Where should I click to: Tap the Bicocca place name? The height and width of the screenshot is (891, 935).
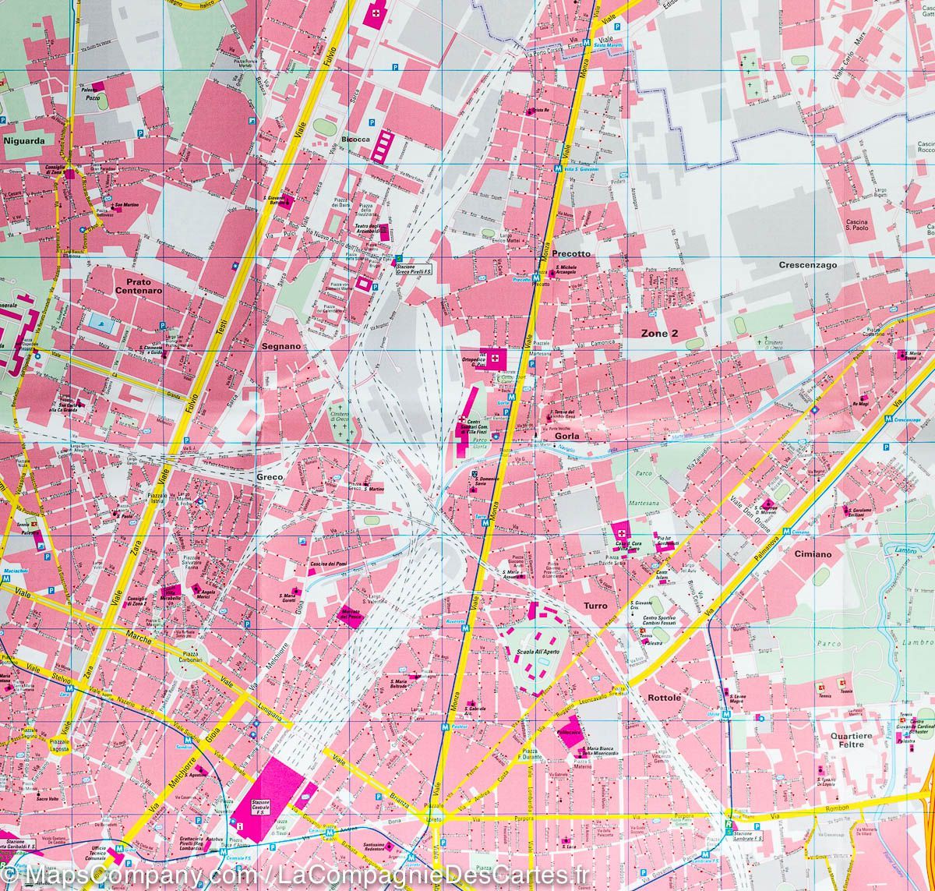(x=355, y=140)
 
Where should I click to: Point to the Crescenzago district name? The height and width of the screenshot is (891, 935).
(x=807, y=265)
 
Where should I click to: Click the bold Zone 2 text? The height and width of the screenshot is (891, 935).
(x=659, y=334)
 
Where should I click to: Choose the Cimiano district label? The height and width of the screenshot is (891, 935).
(x=813, y=554)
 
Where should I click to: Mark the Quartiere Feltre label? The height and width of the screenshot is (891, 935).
(x=851, y=740)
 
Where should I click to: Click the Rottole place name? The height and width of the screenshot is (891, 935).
(x=664, y=698)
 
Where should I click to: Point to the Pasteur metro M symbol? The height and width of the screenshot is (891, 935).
(x=445, y=727)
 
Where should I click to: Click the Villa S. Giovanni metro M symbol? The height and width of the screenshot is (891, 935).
(x=559, y=168)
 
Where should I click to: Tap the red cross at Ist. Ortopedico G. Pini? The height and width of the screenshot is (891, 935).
(x=494, y=357)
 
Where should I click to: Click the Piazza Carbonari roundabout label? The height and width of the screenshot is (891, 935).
(x=188, y=656)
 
